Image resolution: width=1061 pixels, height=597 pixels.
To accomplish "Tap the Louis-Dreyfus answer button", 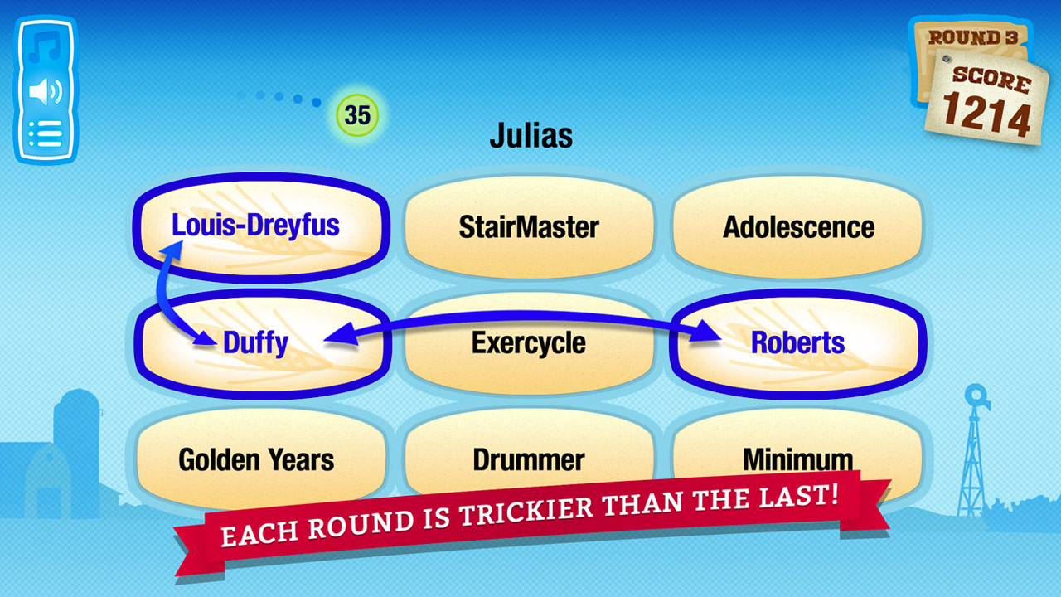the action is (261, 227).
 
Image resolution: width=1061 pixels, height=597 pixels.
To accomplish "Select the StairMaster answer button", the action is (529, 227).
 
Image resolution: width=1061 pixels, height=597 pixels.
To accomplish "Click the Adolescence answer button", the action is (798, 227).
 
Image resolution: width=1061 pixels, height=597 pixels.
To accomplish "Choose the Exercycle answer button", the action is (529, 343).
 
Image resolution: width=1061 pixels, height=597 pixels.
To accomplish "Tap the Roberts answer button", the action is (798, 343).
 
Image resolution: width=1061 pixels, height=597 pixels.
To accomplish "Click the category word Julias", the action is (531, 135).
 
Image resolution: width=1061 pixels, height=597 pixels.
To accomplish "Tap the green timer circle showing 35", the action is (357, 115).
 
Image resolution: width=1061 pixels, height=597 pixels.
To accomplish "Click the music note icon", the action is (45, 46).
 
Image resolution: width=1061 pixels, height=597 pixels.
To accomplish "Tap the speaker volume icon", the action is (46, 91).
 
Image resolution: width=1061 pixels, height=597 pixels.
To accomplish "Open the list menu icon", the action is (46, 133).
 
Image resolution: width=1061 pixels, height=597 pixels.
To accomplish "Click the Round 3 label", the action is (973, 37).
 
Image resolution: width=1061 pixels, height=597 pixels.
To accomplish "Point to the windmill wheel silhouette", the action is (976, 396).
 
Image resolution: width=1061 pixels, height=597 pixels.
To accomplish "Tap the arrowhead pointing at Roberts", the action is (705, 332).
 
